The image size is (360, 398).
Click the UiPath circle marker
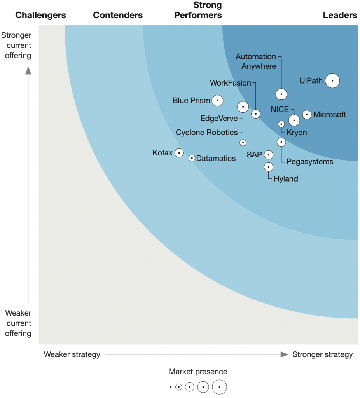coord(332,81)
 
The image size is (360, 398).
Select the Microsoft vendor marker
coord(307,114)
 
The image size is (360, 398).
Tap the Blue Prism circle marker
coord(217,101)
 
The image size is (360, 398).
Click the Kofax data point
coord(179,153)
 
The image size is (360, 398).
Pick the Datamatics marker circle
coord(192,158)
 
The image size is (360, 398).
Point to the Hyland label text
coord(286,179)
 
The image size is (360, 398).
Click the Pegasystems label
coord(309,161)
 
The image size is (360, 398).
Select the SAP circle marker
coord(268,155)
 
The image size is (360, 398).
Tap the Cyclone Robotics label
coord(206,133)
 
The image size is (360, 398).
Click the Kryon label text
coord(296,133)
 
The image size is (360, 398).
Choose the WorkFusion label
coord(230,83)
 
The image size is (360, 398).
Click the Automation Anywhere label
coord(256,61)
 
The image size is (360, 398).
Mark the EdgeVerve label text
coord(219,119)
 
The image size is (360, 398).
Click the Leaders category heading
coord(340,16)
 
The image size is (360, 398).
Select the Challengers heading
coord(40,16)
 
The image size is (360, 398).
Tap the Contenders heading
coord(118,16)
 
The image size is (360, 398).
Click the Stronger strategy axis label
coord(322,354)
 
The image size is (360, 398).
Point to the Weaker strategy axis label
coord(72,354)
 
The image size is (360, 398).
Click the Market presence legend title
coord(198,372)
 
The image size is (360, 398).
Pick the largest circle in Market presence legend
coord(219,387)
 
